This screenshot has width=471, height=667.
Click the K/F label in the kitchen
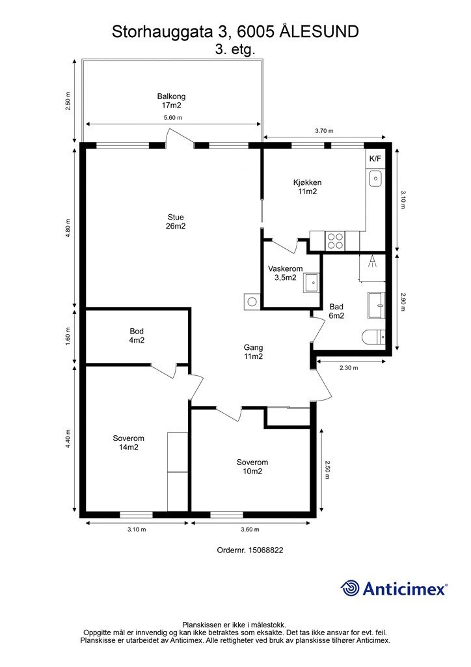tap(375, 159)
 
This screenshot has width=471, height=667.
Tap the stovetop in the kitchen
tap(335, 241)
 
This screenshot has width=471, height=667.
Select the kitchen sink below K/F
tap(375, 178)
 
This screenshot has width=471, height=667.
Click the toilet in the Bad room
tap(373, 337)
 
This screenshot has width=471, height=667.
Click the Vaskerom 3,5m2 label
tap(286, 273)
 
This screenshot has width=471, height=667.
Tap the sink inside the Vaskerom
tap(312, 283)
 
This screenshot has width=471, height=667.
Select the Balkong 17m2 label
tap(171, 101)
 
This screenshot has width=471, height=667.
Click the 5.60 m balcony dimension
tap(173, 118)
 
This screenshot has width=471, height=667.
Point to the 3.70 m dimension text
tap(324, 131)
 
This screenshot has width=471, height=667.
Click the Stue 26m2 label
tap(176, 221)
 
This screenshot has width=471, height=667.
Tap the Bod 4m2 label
tap(137, 335)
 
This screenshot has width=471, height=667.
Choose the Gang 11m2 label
tap(253, 352)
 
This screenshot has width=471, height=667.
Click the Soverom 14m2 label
tap(128, 442)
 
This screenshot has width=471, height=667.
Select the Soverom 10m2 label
tap(252, 466)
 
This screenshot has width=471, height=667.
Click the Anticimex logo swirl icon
tap(350, 588)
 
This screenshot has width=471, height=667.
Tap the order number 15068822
tap(265, 550)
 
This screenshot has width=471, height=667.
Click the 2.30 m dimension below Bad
tap(349, 368)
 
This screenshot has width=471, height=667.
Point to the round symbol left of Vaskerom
tap(252, 301)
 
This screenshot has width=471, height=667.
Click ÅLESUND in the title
tap(319, 31)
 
